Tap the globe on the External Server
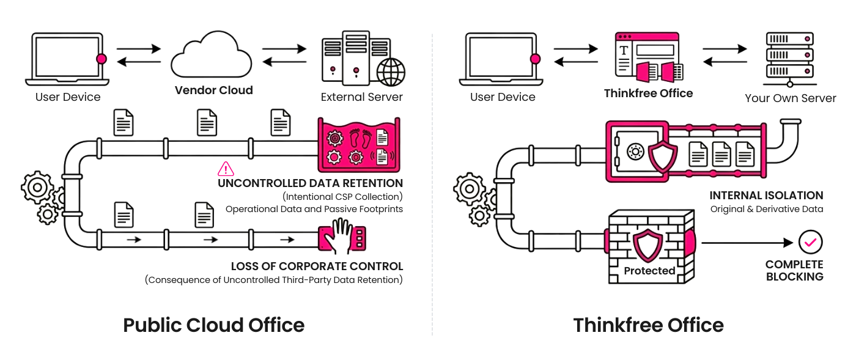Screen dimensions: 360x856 point(391,72)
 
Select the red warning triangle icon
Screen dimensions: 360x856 point(226,169)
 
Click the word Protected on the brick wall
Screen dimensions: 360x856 point(649,271)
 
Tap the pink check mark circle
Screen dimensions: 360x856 point(811,243)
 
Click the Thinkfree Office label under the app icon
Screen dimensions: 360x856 point(648,94)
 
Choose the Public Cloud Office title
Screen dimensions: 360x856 point(213,325)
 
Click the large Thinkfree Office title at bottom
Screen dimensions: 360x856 point(648,325)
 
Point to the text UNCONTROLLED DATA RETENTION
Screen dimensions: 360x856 point(310,183)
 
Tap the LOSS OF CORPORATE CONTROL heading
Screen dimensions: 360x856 point(317,266)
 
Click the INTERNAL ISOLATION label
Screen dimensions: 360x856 point(766,196)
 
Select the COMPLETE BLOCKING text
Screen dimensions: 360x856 point(794,271)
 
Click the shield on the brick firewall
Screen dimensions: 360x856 point(649,246)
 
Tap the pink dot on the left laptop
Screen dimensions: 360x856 point(101,59)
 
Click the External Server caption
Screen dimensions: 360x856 point(362,97)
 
